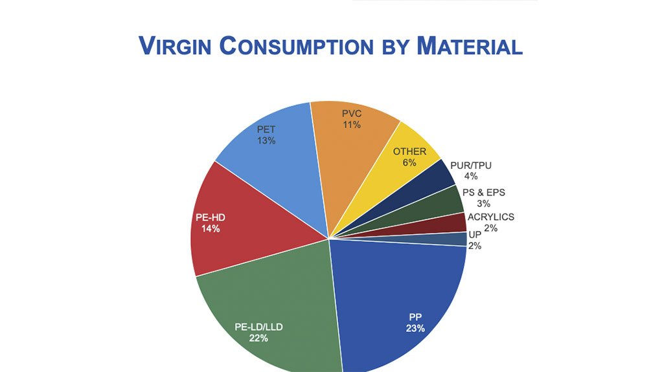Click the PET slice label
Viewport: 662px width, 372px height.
tap(266, 130)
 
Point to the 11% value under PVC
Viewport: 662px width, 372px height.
tap(352, 125)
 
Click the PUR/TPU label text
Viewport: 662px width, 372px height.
tap(470, 166)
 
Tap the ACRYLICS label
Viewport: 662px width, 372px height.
tap(491, 217)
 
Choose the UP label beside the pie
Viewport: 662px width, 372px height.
tap(474, 235)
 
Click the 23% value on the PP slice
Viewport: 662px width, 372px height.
tap(415, 328)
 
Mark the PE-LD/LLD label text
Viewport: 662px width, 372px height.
tap(258, 327)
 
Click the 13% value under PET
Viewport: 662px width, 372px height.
tap(266, 140)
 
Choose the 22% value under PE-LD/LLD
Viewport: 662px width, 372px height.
tap(258, 338)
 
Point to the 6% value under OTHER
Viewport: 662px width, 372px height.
tap(409, 162)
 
